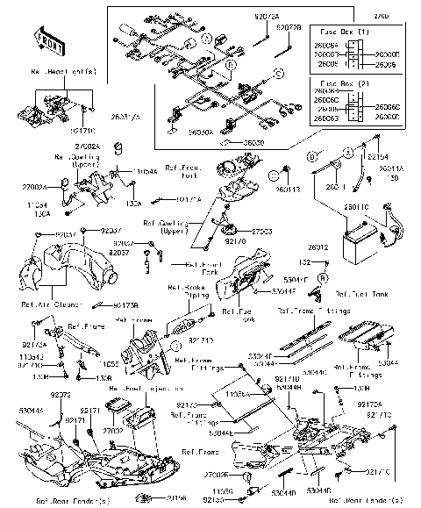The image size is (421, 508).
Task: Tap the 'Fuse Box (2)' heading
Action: pos(346,81)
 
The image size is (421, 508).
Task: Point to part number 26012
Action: pos(317,248)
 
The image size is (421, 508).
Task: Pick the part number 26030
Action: pos(253,142)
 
